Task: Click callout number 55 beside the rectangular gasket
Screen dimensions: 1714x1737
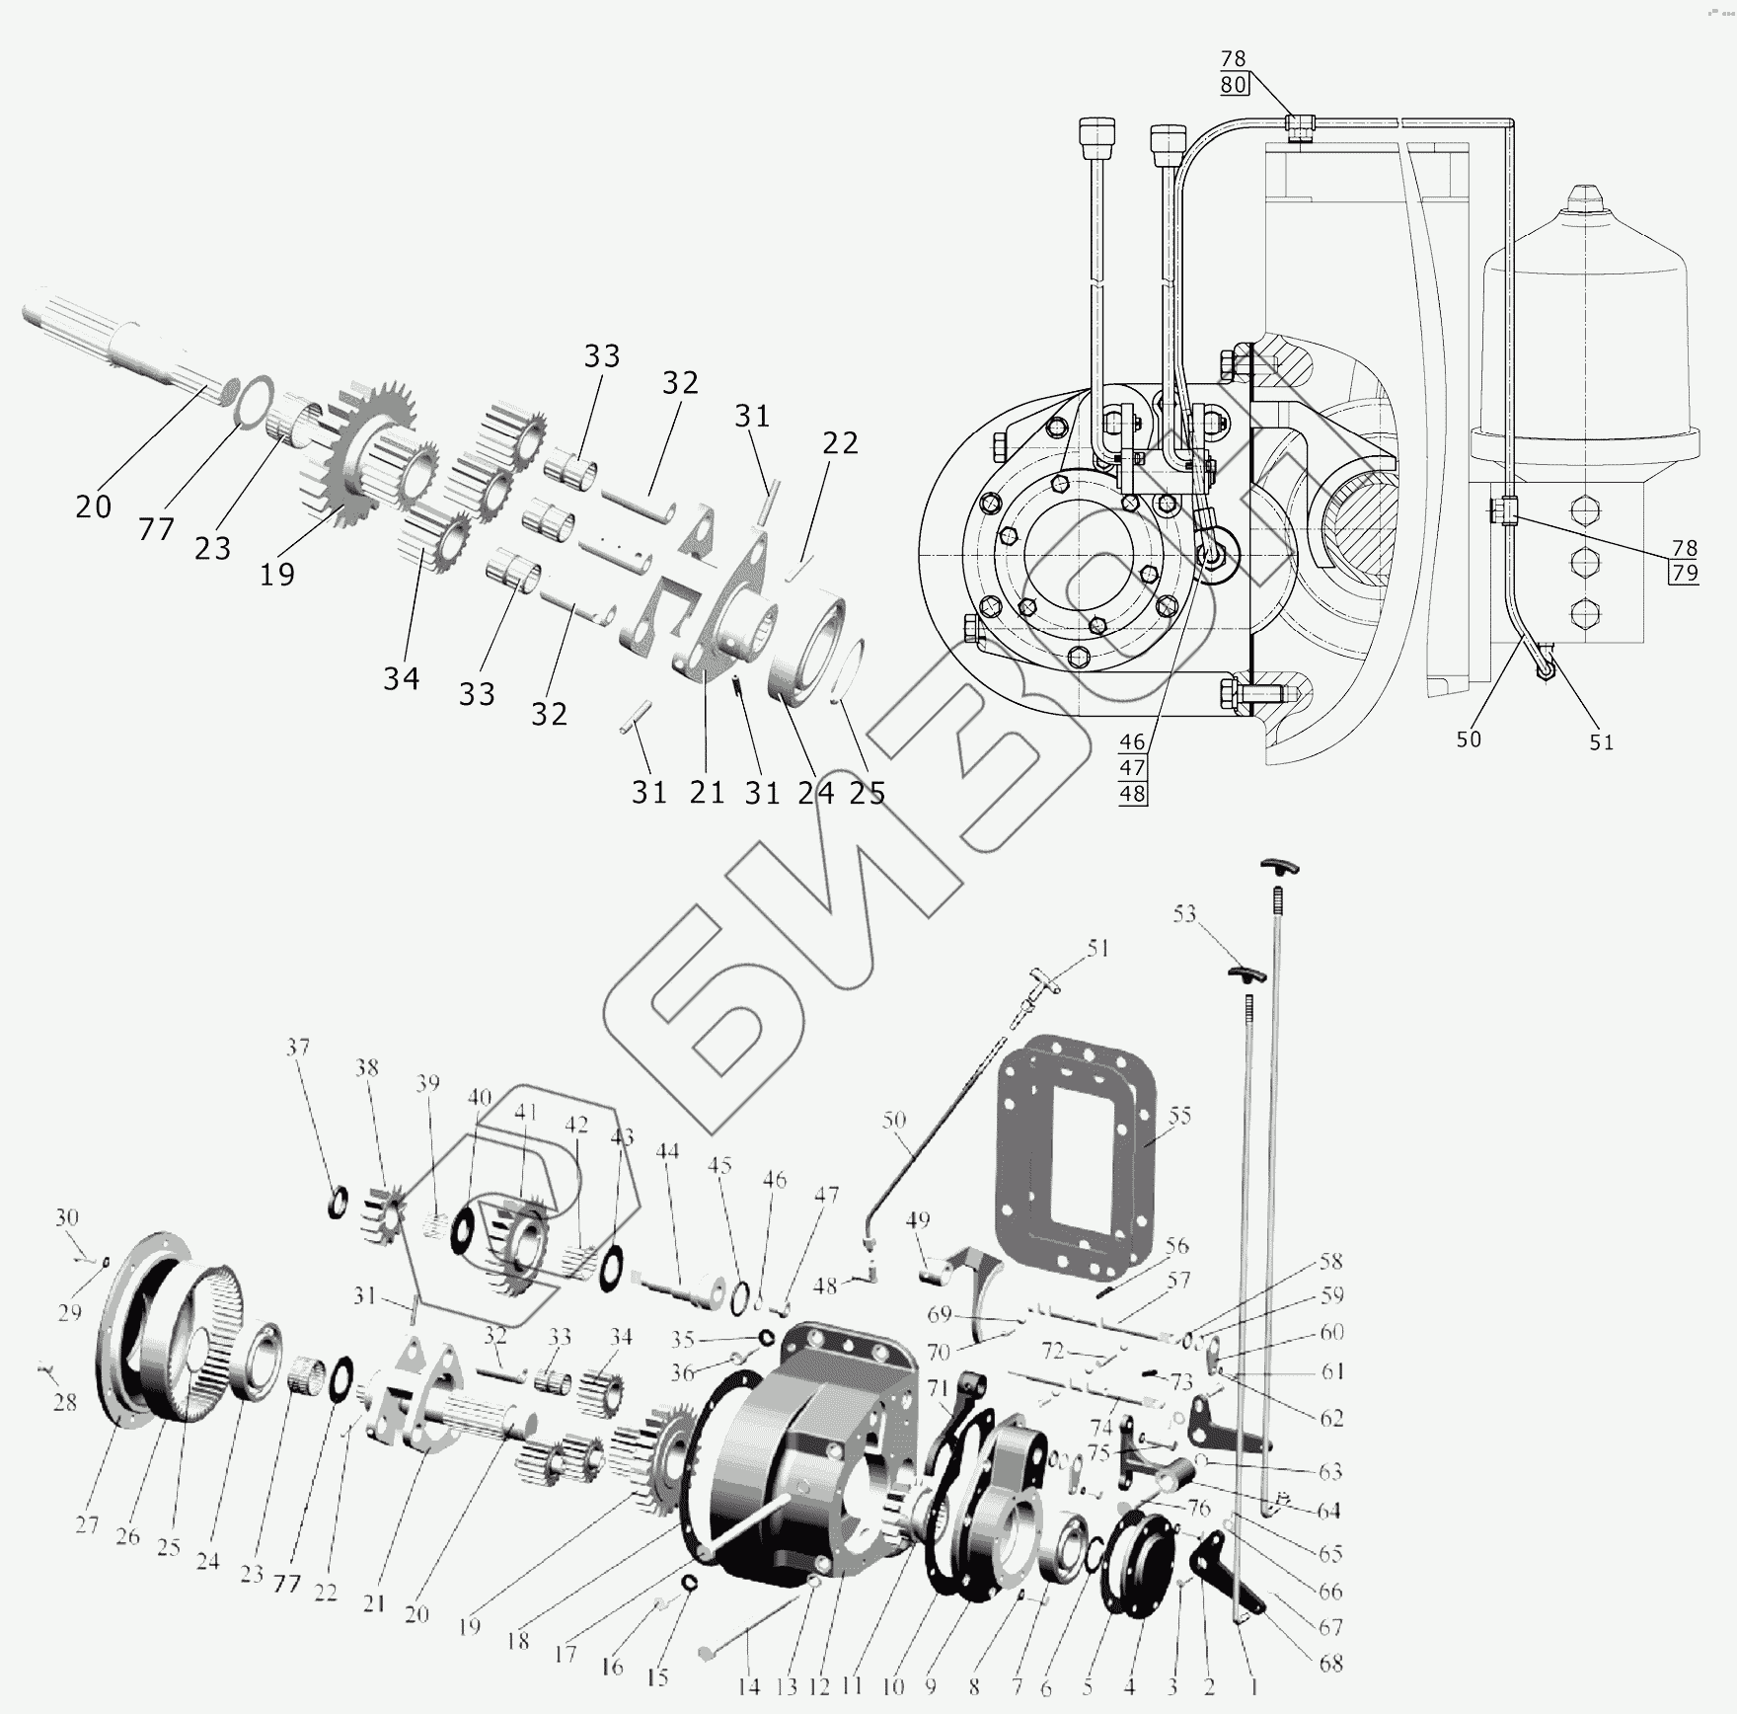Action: (x=1179, y=1116)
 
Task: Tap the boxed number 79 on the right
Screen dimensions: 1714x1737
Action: (x=1685, y=572)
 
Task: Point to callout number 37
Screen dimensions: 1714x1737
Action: (x=298, y=1047)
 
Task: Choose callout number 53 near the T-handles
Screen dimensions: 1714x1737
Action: (x=1184, y=914)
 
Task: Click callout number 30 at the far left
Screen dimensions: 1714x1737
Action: (x=66, y=1217)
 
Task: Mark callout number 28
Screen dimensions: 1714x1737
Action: (x=64, y=1401)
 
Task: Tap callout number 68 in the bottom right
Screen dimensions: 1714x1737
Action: (x=1331, y=1664)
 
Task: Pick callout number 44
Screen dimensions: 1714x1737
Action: (x=668, y=1150)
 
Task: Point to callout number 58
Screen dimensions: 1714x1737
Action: (x=1331, y=1261)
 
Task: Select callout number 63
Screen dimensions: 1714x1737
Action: (x=1330, y=1471)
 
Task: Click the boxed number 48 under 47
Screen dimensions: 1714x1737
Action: (x=1133, y=793)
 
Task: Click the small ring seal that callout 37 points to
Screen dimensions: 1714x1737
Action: (x=338, y=1201)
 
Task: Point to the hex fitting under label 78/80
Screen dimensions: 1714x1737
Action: (x=1300, y=125)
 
